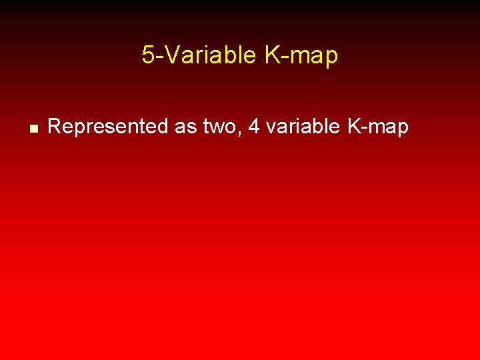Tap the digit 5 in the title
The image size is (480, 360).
[147, 55]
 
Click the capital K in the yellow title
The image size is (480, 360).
[272, 55]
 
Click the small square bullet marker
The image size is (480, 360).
[31, 127]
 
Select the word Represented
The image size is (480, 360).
[108, 126]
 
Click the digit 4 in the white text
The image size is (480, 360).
[253, 126]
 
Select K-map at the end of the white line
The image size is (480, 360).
[377, 126]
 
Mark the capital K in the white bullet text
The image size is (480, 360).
[353, 126]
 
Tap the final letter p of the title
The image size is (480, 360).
[331, 59]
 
